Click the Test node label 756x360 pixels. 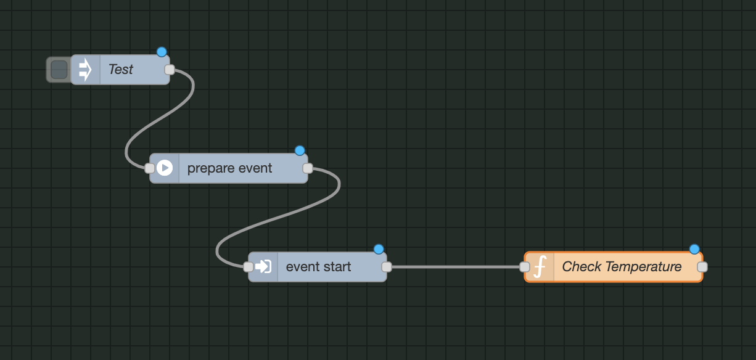click(x=121, y=70)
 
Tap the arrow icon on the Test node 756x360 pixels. click(x=85, y=70)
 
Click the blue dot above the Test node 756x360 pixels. click(x=162, y=52)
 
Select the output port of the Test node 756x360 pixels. click(x=170, y=70)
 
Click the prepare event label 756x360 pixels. click(x=229, y=168)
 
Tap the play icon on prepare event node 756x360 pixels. click(x=165, y=168)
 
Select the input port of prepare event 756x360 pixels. click(x=149, y=168)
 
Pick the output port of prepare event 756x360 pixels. click(x=308, y=168)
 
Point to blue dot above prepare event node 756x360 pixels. click(x=300, y=150)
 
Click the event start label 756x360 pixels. click(x=318, y=267)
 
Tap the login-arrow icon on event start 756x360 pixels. click(x=263, y=267)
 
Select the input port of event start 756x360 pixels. click(x=248, y=267)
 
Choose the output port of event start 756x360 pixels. click(x=387, y=267)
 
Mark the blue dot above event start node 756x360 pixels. click(x=379, y=249)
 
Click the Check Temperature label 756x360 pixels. click(x=622, y=267)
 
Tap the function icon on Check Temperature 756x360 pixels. click(x=540, y=267)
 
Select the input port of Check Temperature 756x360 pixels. click(x=524, y=267)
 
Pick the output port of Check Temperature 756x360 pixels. click(x=702, y=267)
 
